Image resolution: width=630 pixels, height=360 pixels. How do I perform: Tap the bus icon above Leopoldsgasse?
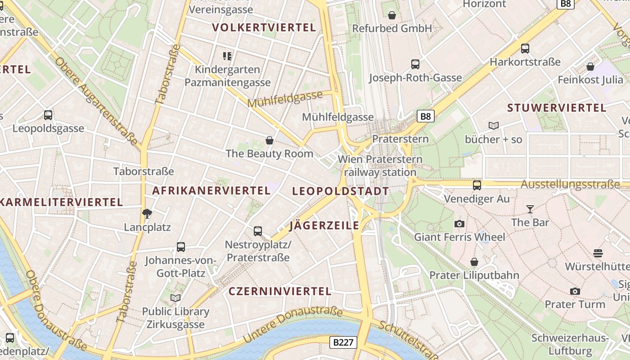tap(48, 115)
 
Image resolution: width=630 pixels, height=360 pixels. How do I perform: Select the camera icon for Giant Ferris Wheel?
tap(459, 224)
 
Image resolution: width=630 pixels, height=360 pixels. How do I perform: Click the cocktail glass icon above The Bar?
tap(530, 209)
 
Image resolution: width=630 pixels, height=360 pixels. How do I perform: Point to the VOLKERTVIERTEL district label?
tap(264, 27)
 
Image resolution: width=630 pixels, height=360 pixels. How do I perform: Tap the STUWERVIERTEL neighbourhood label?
tap(557, 108)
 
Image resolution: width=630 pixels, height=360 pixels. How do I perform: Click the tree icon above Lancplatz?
tap(147, 214)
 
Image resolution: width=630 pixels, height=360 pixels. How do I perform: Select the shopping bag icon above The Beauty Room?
tap(270, 140)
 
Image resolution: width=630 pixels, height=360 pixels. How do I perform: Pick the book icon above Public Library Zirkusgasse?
tap(175, 298)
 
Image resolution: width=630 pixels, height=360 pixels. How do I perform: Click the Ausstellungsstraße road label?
tap(570, 184)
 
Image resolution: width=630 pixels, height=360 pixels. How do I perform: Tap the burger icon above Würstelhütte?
tap(598, 253)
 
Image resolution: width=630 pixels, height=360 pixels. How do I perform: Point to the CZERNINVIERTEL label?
tap(280, 291)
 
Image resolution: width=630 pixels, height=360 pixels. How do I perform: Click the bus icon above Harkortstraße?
tap(525, 49)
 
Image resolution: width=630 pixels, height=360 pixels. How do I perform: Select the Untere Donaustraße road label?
tap(292, 325)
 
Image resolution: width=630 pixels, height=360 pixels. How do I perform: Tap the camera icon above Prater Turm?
tap(575, 291)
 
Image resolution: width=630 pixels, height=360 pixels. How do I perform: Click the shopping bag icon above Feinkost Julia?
tap(590, 67)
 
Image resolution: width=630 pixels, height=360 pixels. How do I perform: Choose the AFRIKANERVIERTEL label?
tap(211, 190)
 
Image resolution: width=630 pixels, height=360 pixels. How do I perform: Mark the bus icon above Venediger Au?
tap(477, 185)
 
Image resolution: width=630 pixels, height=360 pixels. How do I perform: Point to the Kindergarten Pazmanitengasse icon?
tap(227, 56)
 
